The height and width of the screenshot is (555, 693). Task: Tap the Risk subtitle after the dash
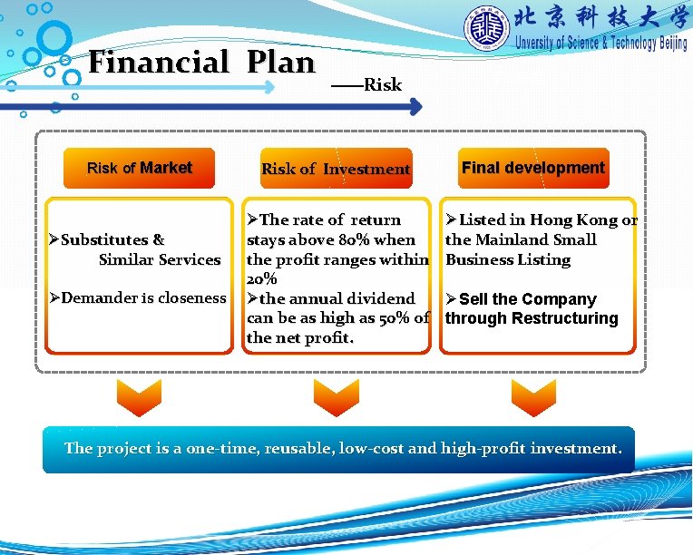(382, 85)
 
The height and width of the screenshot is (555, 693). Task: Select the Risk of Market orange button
(139, 168)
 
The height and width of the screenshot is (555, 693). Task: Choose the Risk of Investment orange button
(336, 169)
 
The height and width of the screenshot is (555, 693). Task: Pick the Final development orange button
(532, 168)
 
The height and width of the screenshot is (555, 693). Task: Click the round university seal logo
(487, 29)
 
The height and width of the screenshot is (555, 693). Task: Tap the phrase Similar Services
(160, 260)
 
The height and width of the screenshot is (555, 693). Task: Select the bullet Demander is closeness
(138, 298)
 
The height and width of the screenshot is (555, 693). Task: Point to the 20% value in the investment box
(261, 279)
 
